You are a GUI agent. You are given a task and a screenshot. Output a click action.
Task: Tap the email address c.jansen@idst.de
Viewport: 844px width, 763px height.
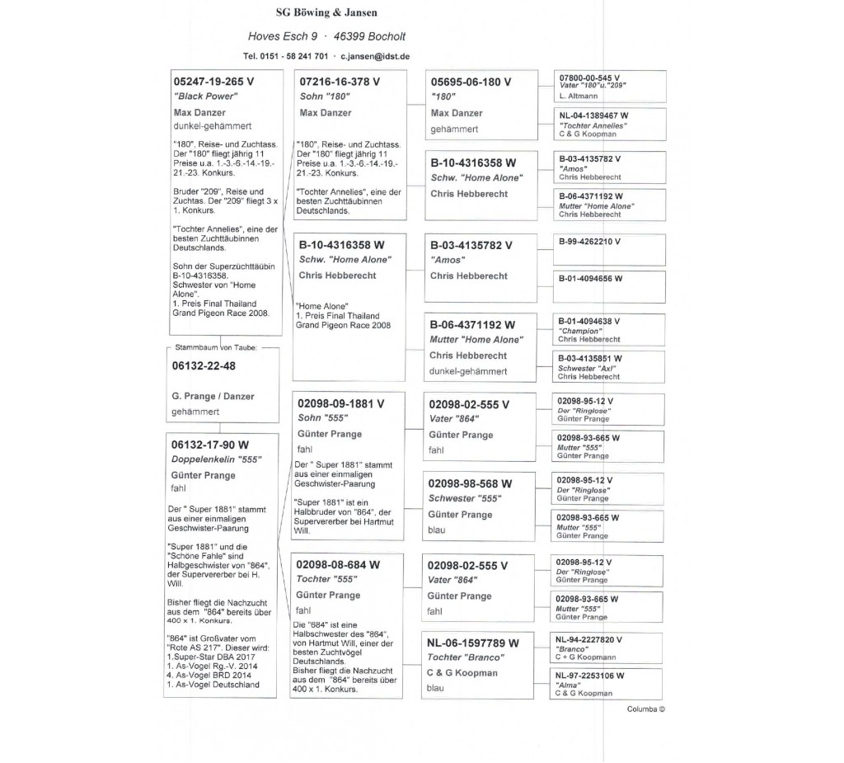point(376,56)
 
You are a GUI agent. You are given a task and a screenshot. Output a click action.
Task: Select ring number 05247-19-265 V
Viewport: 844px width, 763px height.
point(213,82)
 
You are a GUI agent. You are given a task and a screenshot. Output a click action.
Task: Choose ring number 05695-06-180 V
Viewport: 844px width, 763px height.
point(471,82)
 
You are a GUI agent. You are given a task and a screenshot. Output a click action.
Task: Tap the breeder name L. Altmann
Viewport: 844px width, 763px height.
point(579,96)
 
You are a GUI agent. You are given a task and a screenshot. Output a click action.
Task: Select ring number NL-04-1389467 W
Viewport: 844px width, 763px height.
point(593,115)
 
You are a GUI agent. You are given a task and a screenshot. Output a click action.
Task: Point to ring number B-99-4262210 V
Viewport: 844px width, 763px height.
point(589,242)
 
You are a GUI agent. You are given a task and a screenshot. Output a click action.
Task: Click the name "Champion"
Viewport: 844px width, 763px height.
point(579,331)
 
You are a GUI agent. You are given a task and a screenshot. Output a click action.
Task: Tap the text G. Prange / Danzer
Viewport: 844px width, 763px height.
point(213,396)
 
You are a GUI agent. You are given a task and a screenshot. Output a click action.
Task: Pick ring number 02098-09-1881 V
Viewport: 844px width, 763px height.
point(340,403)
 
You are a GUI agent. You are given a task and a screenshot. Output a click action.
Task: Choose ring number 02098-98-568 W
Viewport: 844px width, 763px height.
point(470,483)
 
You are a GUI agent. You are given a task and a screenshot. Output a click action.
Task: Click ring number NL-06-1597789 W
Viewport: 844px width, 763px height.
point(472,643)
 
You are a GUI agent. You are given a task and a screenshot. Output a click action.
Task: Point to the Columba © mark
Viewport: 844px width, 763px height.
point(645,709)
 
